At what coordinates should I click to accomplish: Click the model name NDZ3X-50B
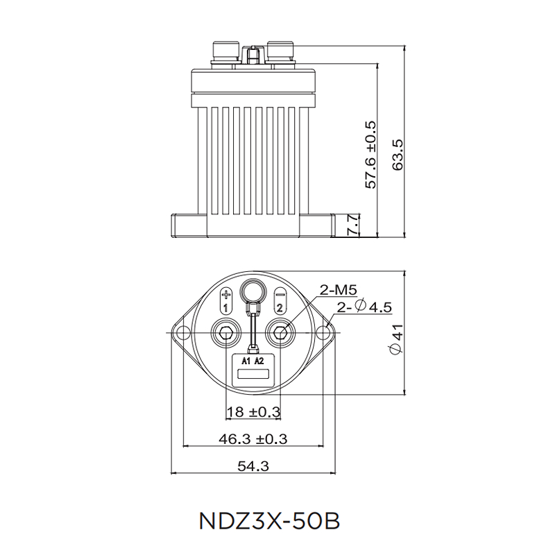coord(269,520)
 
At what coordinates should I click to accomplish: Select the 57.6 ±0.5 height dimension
coord(370,154)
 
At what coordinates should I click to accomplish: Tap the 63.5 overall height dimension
coord(398,154)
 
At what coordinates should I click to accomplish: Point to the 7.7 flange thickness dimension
coord(353,225)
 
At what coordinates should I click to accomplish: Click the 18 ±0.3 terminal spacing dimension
coord(253,412)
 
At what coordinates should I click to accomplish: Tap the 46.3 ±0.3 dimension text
coord(253,438)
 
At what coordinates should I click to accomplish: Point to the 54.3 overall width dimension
coord(253,466)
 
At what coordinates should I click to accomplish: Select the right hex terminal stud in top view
coord(280,334)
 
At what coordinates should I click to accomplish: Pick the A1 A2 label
coord(253,361)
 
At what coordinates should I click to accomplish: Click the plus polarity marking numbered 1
coord(225,300)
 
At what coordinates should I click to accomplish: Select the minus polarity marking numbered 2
coord(280,300)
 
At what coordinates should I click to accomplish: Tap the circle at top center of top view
coord(253,289)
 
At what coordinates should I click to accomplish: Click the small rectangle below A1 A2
coord(253,375)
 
